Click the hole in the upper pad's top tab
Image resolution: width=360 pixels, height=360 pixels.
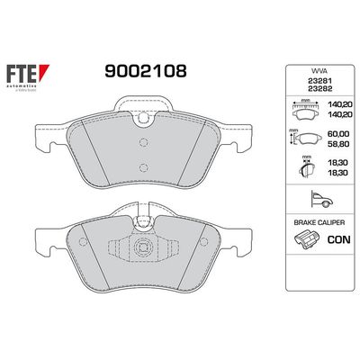click(x=140, y=114)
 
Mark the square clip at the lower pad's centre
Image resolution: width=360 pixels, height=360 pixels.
click(x=141, y=248)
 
